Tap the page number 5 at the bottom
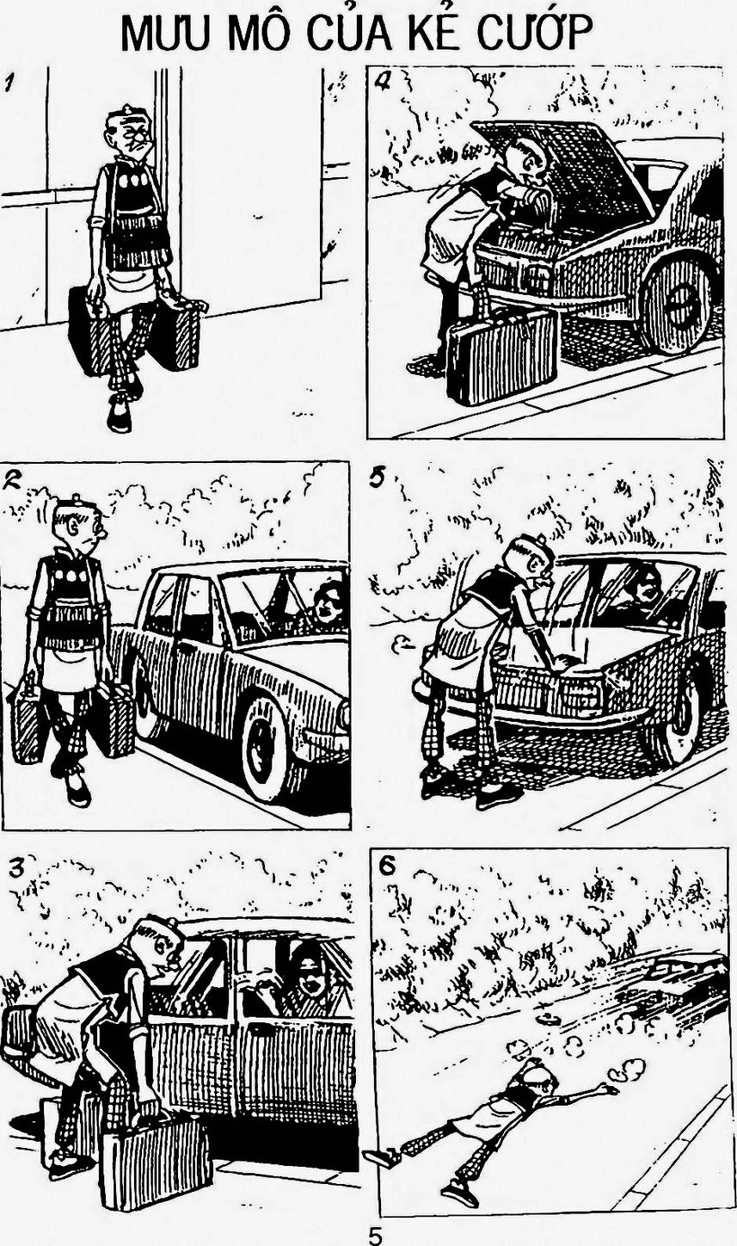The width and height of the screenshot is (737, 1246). pos(377,1234)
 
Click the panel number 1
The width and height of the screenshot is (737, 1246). pos(9,83)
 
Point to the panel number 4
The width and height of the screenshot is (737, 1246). pos(384,83)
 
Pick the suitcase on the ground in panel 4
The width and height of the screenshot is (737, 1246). pos(502,355)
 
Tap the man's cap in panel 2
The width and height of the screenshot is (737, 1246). pos(71,507)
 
